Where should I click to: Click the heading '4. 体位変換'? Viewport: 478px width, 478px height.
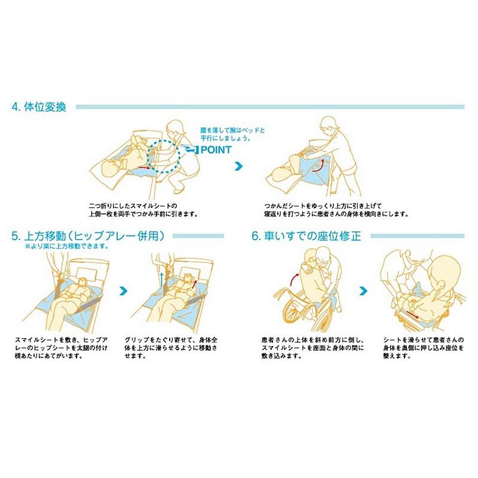[42, 108]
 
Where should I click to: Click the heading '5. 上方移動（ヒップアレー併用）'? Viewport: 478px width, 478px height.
[88, 237]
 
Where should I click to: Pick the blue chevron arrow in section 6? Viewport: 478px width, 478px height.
[363, 291]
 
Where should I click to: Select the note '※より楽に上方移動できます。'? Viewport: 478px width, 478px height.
[66, 246]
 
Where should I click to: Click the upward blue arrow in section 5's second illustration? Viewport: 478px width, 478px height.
[161, 276]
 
